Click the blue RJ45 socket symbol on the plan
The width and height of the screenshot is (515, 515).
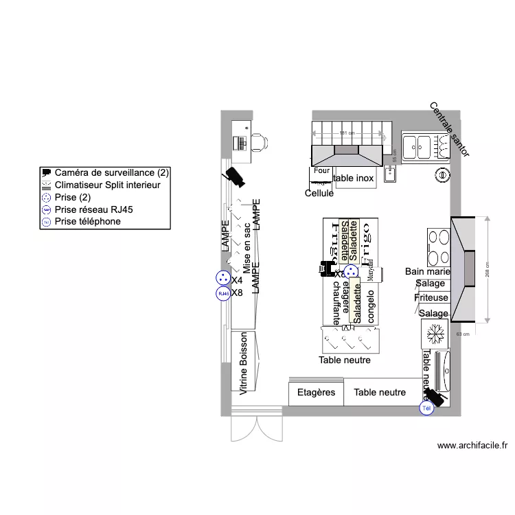click(x=222, y=293)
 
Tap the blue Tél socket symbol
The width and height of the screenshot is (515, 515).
click(x=427, y=409)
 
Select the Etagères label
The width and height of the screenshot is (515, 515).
click(x=316, y=393)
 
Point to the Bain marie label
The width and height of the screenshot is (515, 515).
click(x=427, y=272)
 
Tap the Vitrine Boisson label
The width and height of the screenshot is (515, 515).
click(x=243, y=365)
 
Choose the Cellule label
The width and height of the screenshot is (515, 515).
click(x=319, y=194)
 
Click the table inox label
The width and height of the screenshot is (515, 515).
click(x=354, y=179)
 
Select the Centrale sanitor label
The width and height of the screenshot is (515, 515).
click(x=450, y=130)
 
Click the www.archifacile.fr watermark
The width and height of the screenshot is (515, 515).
click(x=472, y=446)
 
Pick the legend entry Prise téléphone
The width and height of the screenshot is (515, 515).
click(x=88, y=222)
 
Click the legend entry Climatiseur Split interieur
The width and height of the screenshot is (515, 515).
click(x=107, y=185)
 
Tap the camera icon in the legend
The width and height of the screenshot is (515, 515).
click(x=47, y=172)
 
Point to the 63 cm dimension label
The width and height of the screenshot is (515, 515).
click(x=463, y=334)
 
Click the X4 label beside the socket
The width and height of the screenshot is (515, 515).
click(x=238, y=280)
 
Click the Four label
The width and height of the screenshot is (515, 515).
click(x=321, y=170)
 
